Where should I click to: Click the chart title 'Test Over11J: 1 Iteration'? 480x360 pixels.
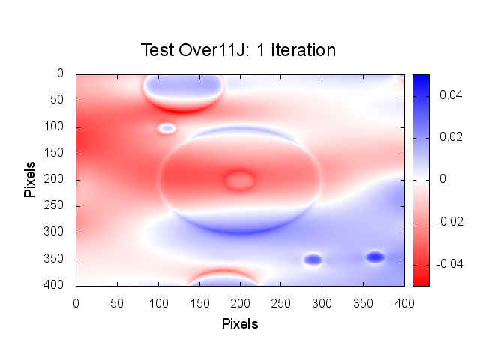coord(238,50)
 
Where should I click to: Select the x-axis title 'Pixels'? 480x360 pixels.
coord(240,324)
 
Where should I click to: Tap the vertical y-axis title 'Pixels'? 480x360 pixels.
coord(30,178)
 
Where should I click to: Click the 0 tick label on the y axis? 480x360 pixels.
coord(61,73)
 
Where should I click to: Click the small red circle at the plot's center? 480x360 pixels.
coord(240,180)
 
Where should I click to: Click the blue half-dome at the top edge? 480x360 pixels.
coord(184,88)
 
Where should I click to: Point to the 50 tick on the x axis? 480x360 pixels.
coord(117,301)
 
